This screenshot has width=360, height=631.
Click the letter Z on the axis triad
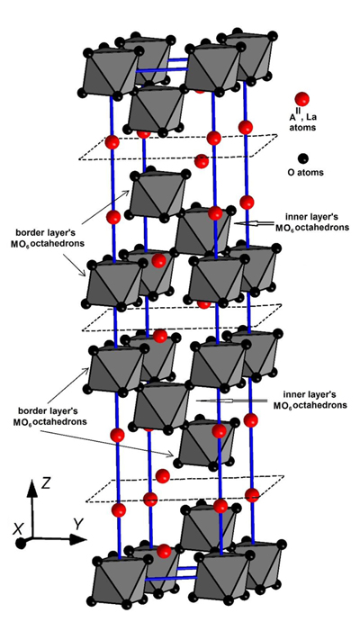click(x=46, y=482)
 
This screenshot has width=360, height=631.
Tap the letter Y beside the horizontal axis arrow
click(x=78, y=524)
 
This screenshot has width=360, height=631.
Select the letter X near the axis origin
click(x=17, y=530)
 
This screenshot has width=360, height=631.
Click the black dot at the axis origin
click(x=21, y=544)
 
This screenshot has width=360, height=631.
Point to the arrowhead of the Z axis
click(x=32, y=487)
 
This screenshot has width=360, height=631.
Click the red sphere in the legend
click(x=301, y=99)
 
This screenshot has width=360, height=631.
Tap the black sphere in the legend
click(x=303, y=158)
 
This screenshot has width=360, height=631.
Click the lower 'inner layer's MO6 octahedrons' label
click(x=310, y=399)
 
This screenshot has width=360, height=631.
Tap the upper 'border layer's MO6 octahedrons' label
click(x=43, y=239)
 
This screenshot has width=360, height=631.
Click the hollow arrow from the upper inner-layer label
click(x=254, y=222)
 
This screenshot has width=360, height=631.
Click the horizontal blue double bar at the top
click(x=163, y=65)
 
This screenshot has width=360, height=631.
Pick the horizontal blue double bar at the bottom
click(x=171, y=573)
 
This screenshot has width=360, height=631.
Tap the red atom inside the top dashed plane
click(x=202, y=161)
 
